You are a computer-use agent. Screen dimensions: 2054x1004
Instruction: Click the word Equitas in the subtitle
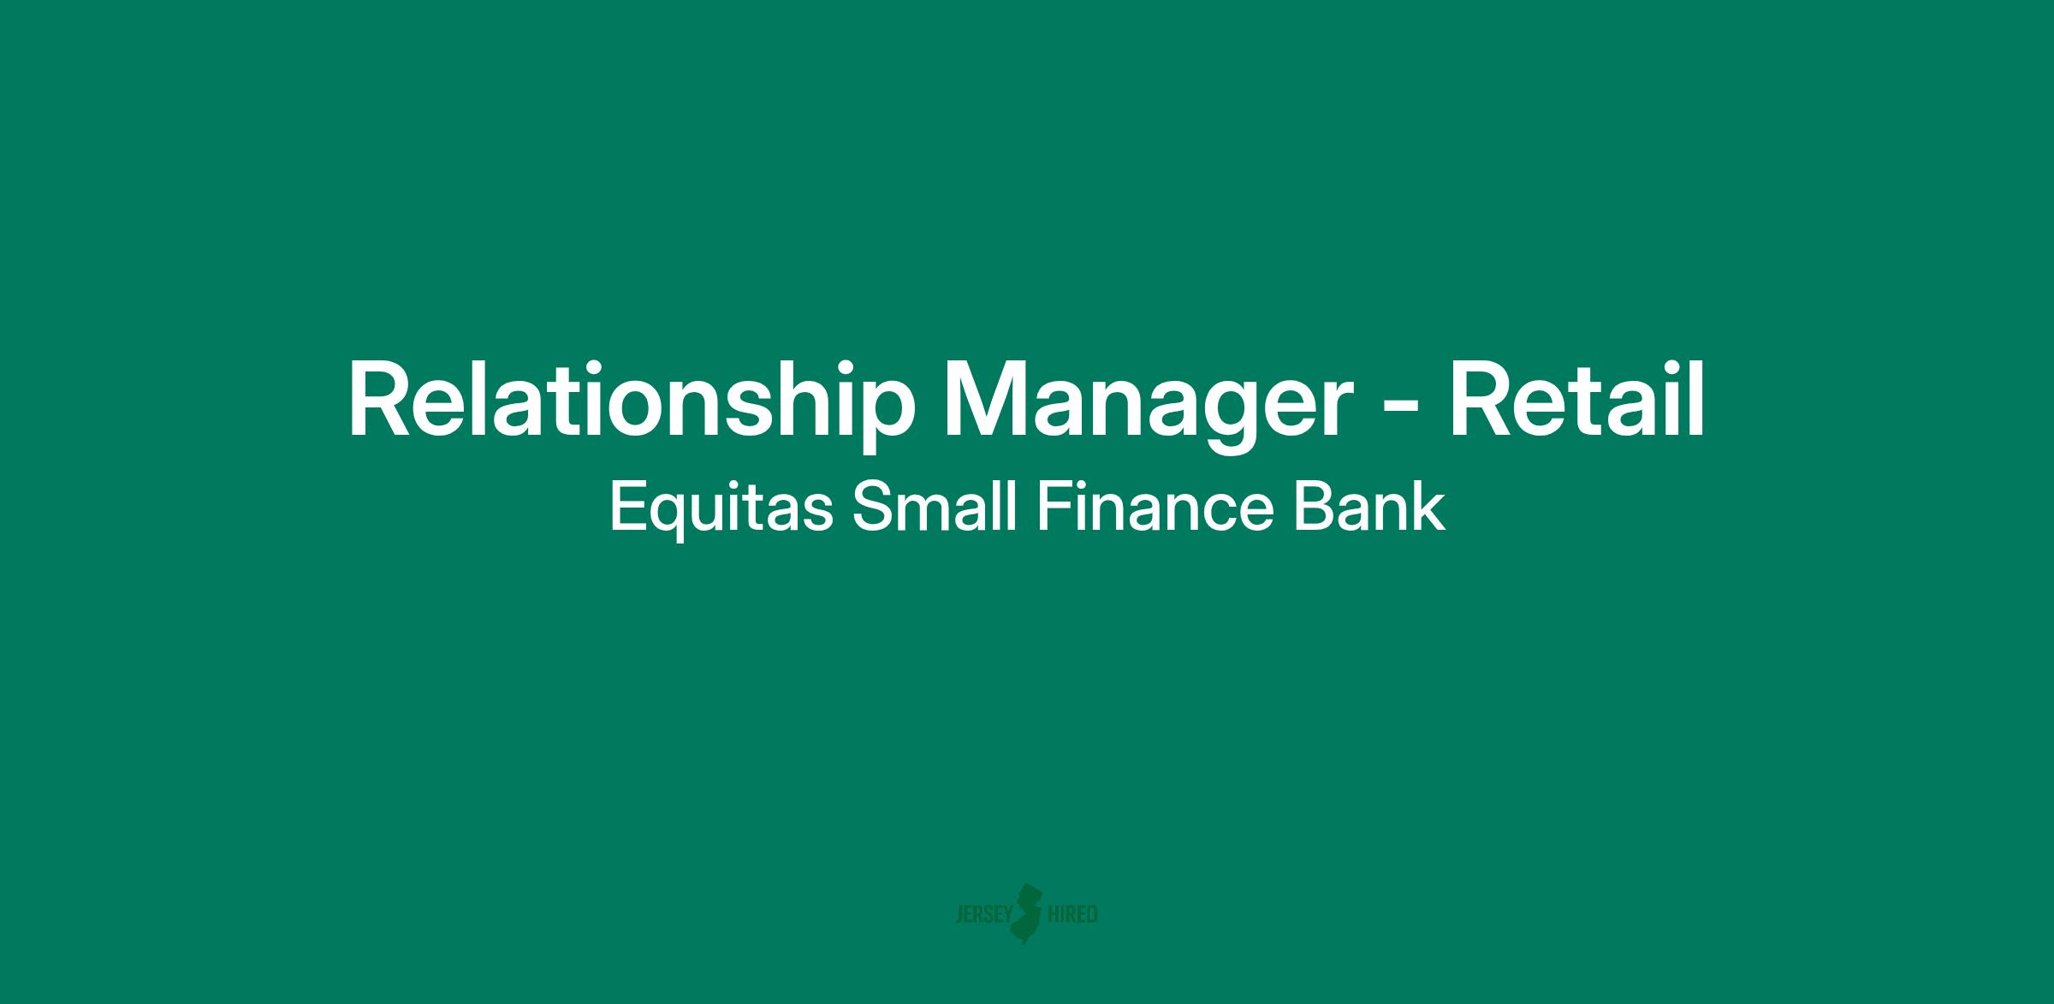[721, 508]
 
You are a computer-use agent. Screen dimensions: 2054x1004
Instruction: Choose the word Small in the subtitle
[935, 506]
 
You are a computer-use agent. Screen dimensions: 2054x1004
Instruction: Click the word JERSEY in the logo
[983, 915]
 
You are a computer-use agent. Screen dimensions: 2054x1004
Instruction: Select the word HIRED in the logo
[1072, 915]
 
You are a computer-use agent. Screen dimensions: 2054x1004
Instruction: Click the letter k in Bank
[1428, 506]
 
